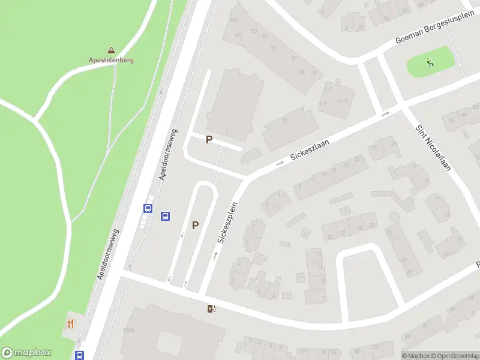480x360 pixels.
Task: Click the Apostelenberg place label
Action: coord(111,60)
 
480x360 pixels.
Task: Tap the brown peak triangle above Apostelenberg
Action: coord(111,50)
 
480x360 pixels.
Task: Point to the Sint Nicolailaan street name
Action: coord(433,148)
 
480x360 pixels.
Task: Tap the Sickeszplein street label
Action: coord(228,223)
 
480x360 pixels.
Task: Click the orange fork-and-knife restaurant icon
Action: coord(71,324)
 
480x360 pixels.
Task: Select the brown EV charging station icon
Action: coord(211,309)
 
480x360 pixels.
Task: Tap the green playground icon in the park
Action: coord(429,61)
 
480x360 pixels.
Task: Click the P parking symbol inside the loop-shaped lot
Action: coord(195,225)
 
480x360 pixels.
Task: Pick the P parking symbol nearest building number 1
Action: coord(209,139)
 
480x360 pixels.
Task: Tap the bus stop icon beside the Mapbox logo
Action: coord(79,355)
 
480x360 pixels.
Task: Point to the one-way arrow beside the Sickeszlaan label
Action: coord(280,163)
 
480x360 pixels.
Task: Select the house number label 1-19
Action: coord(343,101)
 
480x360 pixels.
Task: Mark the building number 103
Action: coord(233,20)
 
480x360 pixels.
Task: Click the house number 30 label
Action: coord(361,27)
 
